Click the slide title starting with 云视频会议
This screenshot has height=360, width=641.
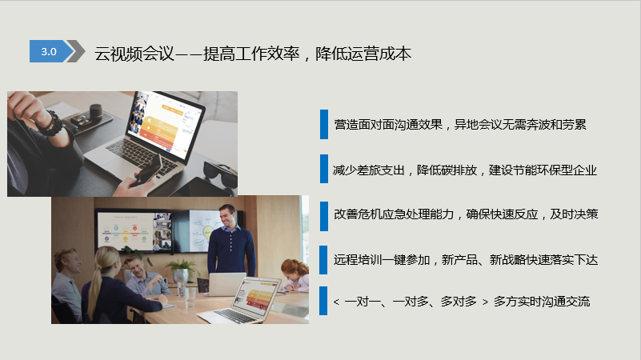point(253,54)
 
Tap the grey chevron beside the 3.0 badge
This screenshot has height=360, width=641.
point(77,51)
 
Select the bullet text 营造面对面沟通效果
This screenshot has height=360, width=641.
point(388,124)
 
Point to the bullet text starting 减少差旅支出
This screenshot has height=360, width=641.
point(465,170)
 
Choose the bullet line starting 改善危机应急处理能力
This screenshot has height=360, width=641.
point(466,214)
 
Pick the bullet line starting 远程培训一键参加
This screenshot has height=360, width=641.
point(466,259)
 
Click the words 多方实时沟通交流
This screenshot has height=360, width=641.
point(542,302)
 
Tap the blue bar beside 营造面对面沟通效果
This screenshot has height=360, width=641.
point(324,124)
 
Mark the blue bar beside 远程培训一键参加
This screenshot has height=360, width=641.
point(323,259)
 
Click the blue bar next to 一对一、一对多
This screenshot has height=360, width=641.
point(323,301)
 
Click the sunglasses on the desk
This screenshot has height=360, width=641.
point(220,173)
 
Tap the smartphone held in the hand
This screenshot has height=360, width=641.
point(148,170)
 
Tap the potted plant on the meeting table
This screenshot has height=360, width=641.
point(180,271)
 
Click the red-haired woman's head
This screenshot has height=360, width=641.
point(294,270)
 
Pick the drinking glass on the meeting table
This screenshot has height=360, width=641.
point(190,297)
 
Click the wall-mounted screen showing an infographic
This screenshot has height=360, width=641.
point(134,230)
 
